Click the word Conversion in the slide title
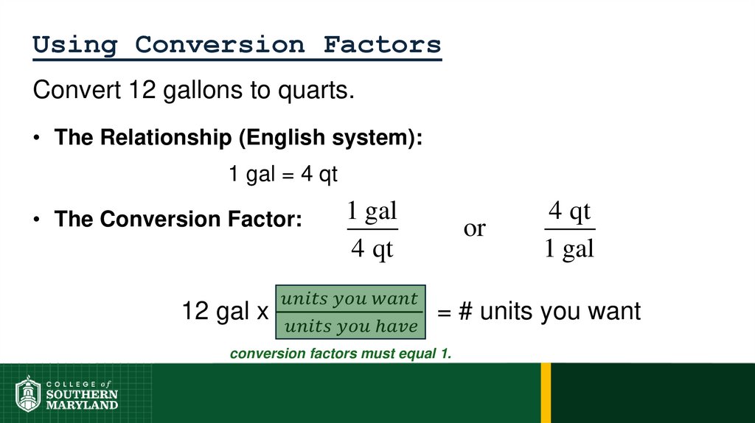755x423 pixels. [x=220, y=45]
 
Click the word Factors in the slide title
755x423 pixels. [x=382, y=45]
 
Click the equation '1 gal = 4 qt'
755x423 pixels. [x=282, y=175]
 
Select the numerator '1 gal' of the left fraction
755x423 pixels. [x=372, y=212]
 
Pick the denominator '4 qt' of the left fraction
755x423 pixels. [x=372, y=249]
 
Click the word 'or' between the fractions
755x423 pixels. [x=474, y=228]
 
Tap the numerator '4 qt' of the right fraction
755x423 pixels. [x=569, y=212]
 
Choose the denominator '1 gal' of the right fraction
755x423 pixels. [x=569, y=249]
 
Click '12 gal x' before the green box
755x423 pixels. [x=225, y=312]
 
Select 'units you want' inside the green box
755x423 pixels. [x=350, y=299]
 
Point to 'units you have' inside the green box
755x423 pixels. [x=350, y=326]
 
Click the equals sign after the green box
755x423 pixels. [x=444, y=312]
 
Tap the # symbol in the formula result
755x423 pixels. [x=465, y=312]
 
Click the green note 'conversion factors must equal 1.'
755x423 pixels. [x=340, y=354]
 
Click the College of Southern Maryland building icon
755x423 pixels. [x=28, y=394]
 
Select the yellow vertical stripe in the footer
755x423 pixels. [x=546, y=393]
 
